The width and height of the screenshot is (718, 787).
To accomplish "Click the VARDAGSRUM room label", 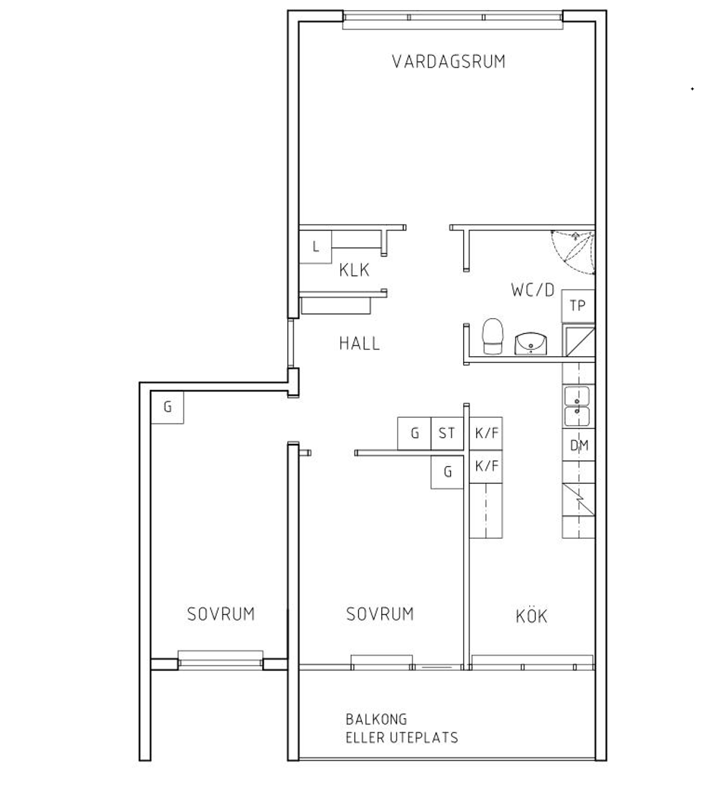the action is point(448,61).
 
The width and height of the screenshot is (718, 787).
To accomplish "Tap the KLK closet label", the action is point(354,270).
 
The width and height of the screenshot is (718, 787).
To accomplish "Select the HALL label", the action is point(359,343).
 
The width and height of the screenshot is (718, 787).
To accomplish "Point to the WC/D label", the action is point(532,289).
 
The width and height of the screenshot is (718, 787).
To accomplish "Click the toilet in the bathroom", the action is point(493,335).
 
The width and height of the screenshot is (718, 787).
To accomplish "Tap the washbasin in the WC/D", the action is point(531,343).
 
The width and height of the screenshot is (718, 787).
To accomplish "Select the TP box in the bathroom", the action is point(578,306).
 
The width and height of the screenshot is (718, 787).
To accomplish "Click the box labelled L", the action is point(316,246).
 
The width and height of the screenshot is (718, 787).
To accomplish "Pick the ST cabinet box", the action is point(447,433).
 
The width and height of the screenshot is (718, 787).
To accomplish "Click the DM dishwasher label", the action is point(579,445).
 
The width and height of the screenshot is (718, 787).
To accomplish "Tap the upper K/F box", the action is point(486,433).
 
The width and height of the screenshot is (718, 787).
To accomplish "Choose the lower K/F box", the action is point(486,466).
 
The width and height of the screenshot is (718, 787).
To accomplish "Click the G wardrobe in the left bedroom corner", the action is point(167,407).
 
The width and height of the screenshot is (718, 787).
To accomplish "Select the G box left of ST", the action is point(414,433).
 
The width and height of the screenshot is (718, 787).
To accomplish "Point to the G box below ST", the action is point(447,472).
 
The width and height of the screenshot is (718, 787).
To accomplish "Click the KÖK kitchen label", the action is point(531,615).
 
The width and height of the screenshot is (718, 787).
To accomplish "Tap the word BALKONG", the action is point(376,720).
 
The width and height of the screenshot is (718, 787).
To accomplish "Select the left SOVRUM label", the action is point(220,614).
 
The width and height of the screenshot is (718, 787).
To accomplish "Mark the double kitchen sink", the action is point(577,406).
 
